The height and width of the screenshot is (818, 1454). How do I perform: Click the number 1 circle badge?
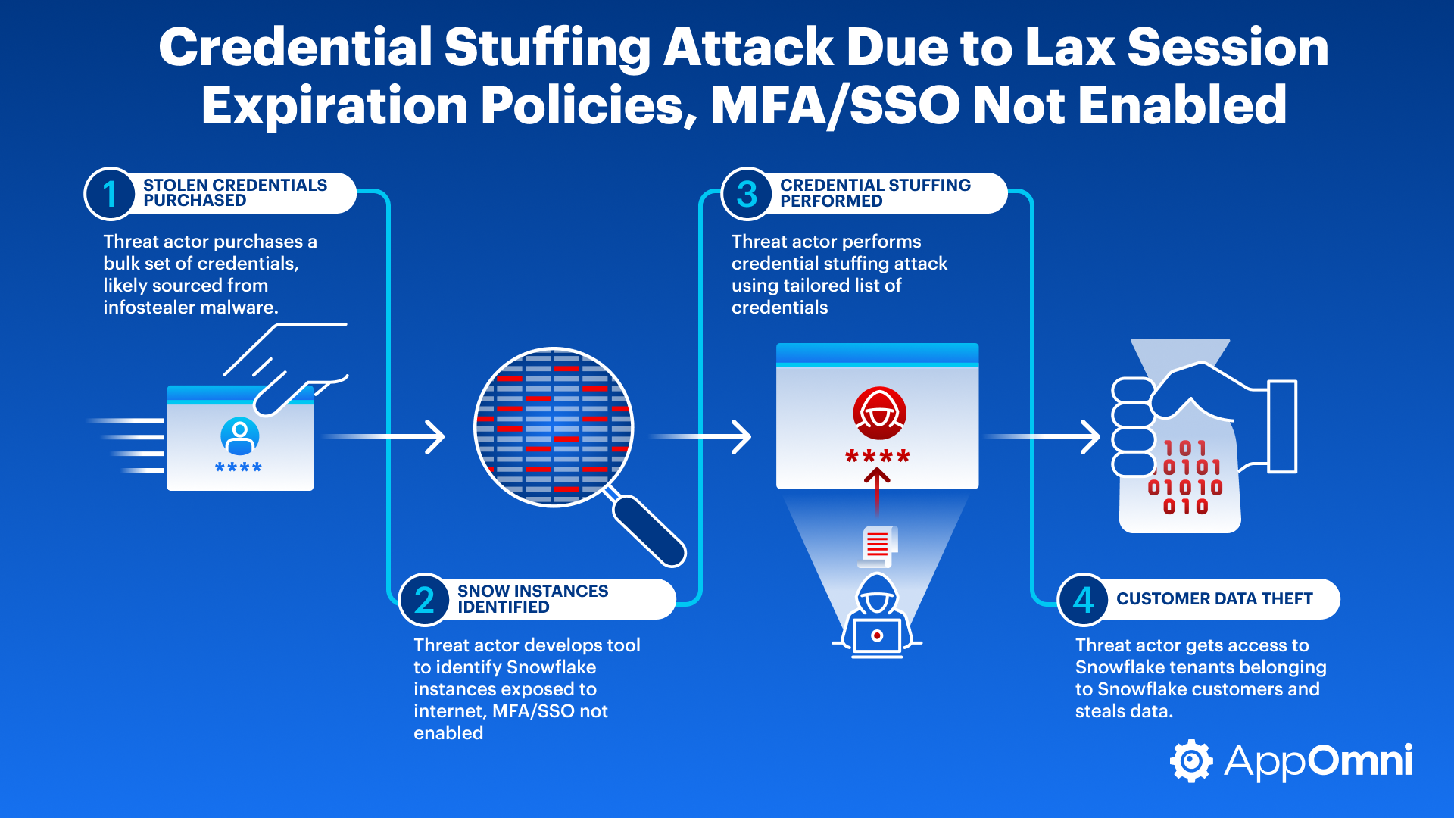point(110,194)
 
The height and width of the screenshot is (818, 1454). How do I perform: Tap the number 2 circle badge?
point(424,600)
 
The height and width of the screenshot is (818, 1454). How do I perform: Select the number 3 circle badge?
point(747,194)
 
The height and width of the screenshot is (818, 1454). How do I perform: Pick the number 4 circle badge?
point(1083,600)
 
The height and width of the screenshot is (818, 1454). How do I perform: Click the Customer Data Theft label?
point(1214,599)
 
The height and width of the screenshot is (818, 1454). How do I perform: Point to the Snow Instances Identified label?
point(532,599)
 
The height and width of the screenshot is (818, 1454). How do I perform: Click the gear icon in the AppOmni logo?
point(1191,761)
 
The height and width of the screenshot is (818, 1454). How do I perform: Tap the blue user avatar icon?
point(239,436)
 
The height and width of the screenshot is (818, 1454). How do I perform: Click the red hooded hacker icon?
point(879,413)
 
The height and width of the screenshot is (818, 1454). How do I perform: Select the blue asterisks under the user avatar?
point(239,468)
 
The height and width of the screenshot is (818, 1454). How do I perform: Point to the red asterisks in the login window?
point(878,457)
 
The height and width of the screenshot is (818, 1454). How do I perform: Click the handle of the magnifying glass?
point(648,530)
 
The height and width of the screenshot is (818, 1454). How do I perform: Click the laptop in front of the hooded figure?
point(877,636)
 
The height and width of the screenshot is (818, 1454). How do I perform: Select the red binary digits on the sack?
point(1185,478)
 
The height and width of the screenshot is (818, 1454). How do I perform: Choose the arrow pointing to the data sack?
point(1045,437)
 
